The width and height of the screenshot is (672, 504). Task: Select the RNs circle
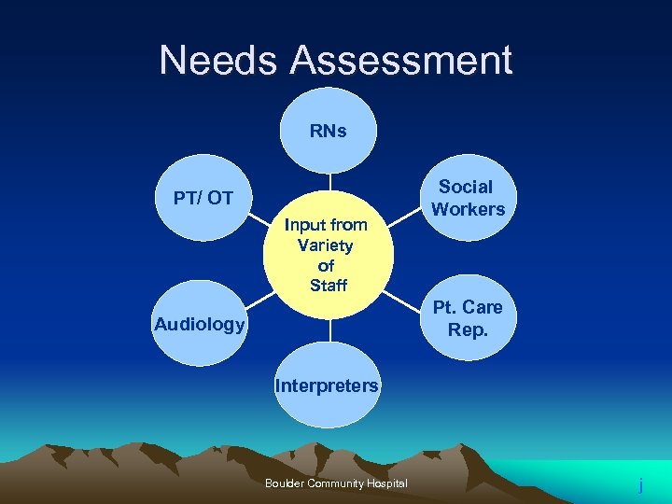[x=329, y=131]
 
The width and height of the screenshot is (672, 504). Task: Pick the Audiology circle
[x=199, y=324]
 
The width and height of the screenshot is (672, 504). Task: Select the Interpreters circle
[x=327, y=385]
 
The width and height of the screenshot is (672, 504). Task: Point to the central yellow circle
[x=329, y=255]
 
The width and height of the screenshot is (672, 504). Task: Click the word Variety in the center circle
[x=325, y=245]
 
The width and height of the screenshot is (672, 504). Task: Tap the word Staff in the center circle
[x=328, y=286]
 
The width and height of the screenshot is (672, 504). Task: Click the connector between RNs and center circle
[x=329, y=182]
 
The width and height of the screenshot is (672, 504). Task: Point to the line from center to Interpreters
[x=329, y=331]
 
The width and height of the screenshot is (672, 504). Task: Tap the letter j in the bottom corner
[x=640, y=485]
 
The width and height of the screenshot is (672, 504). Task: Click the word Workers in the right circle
[x=468, y=209]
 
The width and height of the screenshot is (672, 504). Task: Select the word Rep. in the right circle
[x=468, y=329]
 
